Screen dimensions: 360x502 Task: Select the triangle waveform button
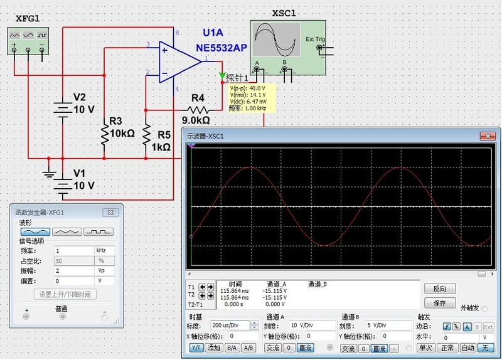[x=67, y=232]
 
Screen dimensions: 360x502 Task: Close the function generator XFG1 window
[x=109, y=213]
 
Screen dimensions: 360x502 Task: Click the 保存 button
[x=439, y=303]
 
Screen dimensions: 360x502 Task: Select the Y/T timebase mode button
[x=196, y=347]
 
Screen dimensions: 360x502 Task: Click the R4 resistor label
[x=198, y=98]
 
